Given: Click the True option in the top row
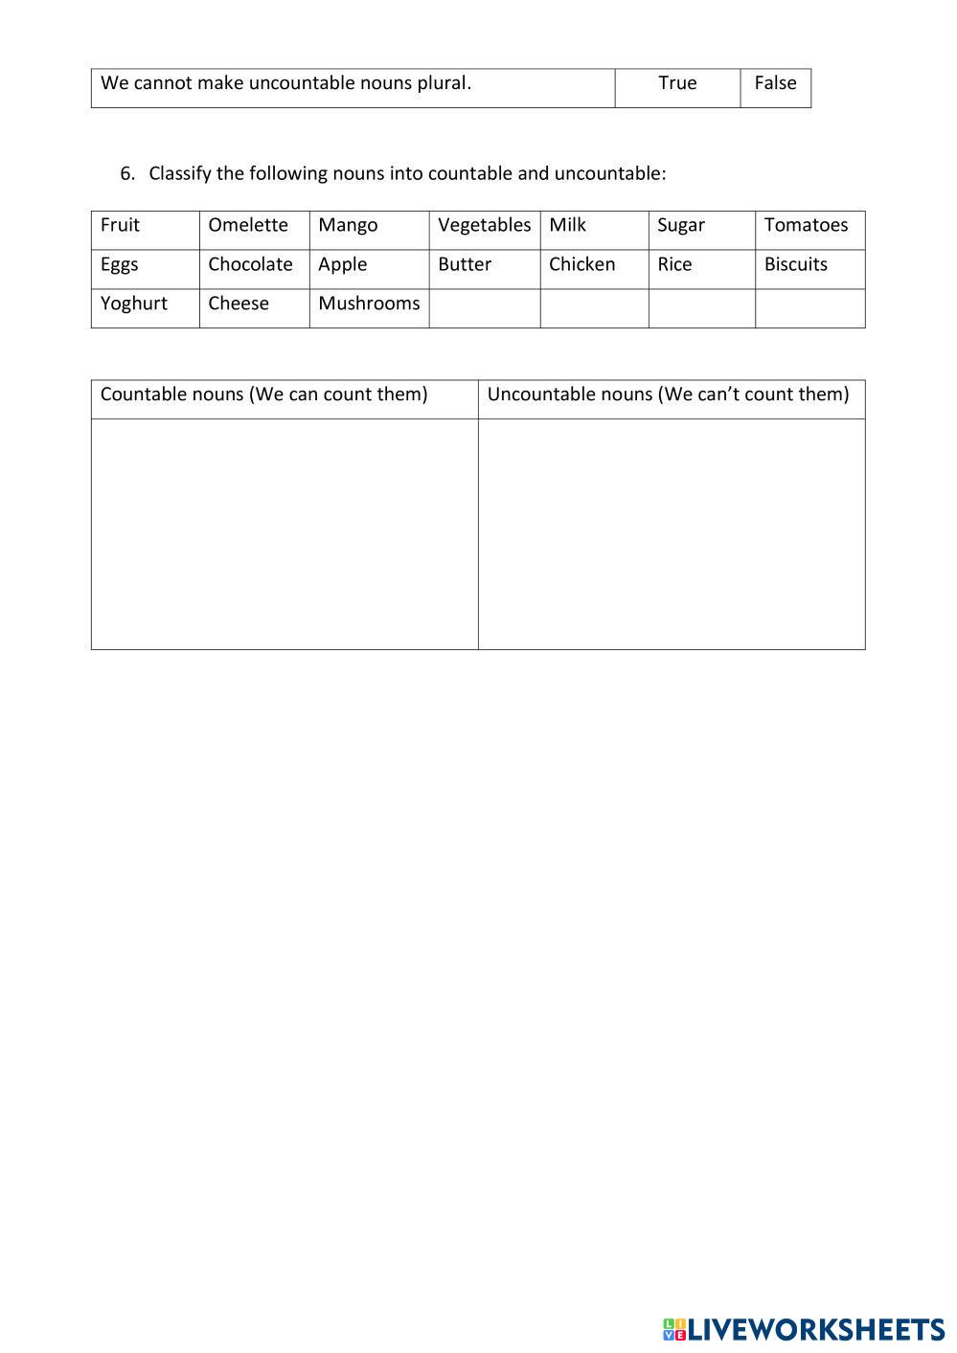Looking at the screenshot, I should point(677,83).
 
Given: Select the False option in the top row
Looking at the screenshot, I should point(775,83).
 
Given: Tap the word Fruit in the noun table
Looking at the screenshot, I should point(120,225).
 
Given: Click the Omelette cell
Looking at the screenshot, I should point(248,225).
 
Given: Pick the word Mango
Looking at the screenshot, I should point(348,225).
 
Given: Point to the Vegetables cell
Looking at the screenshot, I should point(484,225).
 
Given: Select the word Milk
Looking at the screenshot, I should point(567,225).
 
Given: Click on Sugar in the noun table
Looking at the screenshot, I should point(680,225).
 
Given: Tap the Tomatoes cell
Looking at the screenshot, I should point(806,225).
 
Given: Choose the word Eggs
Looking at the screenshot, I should point(119,264).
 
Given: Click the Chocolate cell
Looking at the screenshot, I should point(250,264).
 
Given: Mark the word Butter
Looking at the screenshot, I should point(465,264).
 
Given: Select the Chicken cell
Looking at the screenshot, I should point(581,264).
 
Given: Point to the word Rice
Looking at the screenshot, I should point(674,264).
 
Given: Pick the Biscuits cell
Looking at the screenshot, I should point(795,264).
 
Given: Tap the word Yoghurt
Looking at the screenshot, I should point(133,304).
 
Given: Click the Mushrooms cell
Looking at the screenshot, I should point(369,304).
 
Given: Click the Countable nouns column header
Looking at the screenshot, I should point(263,395).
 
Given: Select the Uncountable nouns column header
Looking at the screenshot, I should point(668,395).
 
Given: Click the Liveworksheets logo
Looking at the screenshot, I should point(803,1329).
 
